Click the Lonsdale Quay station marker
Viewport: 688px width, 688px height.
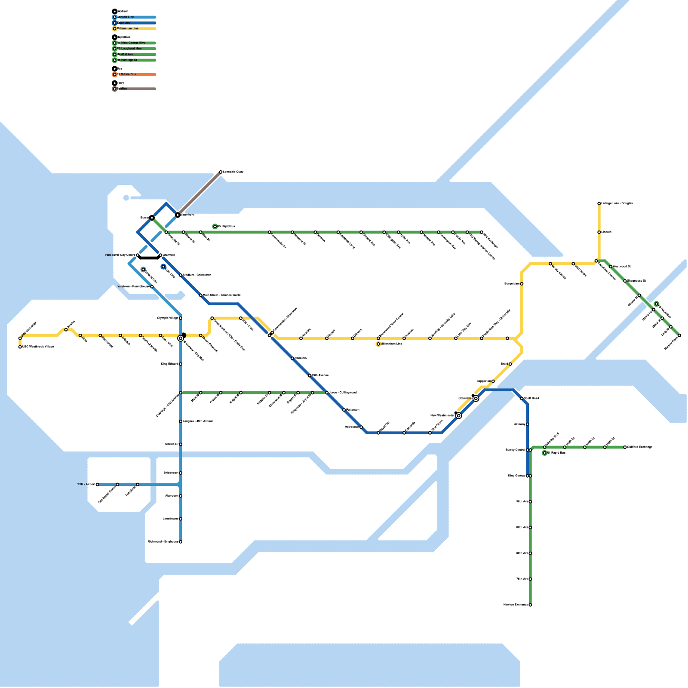coord(221,172)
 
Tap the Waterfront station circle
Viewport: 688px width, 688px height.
coord(178,215)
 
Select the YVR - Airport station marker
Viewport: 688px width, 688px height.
coord(98,485)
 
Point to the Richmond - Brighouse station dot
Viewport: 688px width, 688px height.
coord(181,542)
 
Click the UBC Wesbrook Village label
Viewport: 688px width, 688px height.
coord(38,347)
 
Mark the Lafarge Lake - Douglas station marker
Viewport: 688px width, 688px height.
coord(599,203)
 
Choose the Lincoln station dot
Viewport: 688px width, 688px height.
coord(599,232)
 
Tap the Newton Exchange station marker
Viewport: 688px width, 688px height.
coord(530,605)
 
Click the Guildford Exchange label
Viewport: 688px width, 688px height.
coord(640,447)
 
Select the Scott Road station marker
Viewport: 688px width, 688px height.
coord(522,399)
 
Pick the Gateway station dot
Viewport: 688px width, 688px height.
coord(528,424)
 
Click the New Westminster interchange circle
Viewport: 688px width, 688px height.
coord(459,416)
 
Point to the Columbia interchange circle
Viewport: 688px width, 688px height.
coord(476,399)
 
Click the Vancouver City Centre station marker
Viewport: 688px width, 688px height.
coord(138,255)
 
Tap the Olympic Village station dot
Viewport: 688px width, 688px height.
coord(181,318)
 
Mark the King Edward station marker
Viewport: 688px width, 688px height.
coord(181,364)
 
